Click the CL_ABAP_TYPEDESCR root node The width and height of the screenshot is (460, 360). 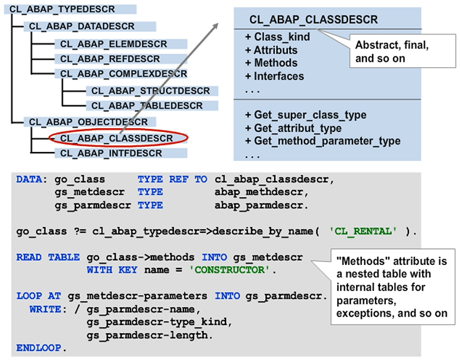(63, 10)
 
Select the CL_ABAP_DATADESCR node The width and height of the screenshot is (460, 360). (82, 27)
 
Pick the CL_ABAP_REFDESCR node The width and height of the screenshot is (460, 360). (110, 59)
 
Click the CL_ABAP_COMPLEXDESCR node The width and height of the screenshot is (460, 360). (123, 74)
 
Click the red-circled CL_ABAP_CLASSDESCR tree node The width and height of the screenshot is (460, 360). (116, 138)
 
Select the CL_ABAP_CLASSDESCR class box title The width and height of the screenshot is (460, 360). (313, 20)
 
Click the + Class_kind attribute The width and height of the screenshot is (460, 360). (277, 37)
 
